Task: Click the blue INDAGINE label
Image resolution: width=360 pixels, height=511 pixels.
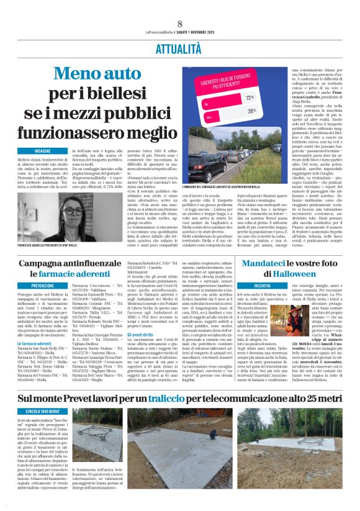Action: [43, 151]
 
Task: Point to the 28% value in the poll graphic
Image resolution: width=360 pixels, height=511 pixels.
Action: [250, 111]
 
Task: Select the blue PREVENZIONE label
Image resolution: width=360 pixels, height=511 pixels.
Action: [43, 286]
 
